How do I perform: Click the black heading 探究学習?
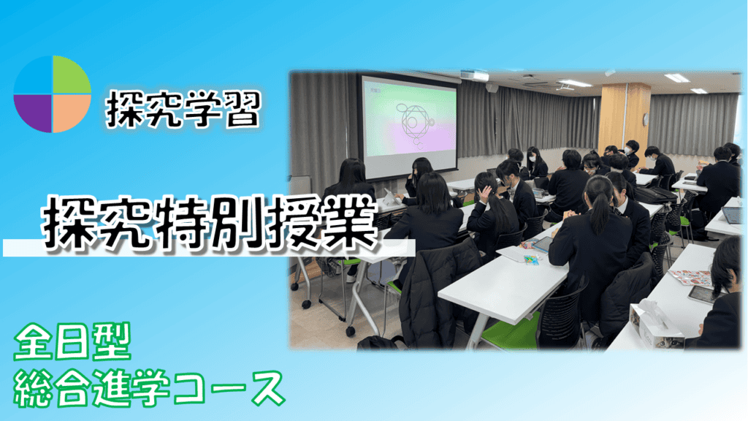click(x=183, y=110)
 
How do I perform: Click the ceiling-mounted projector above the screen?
click(x=474, y=75)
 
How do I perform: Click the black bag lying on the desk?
click(x=655, y=194)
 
